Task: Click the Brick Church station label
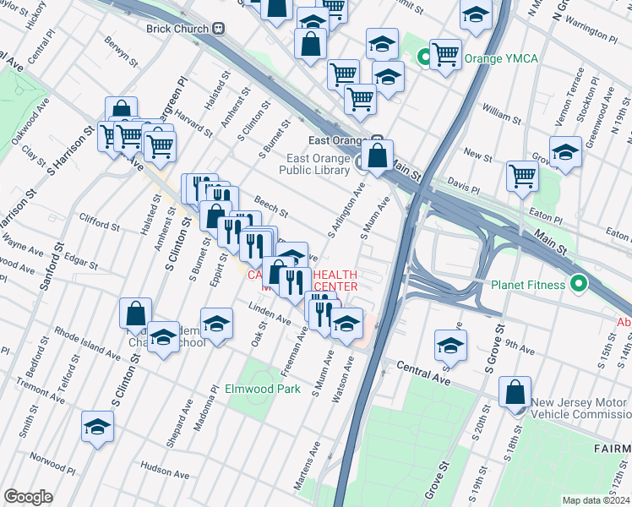[176, 28]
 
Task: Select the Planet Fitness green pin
[579, 284]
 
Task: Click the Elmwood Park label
[263, 390]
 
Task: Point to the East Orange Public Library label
[318, 164]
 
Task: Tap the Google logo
[28, 497]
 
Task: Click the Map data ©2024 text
[595, 500]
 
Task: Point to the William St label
[502, 111]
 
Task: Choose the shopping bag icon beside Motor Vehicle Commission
[515, 394]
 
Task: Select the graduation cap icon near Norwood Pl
[98, 427]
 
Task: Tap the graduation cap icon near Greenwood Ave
[565, 152]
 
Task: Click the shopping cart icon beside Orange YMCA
[445, 54]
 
